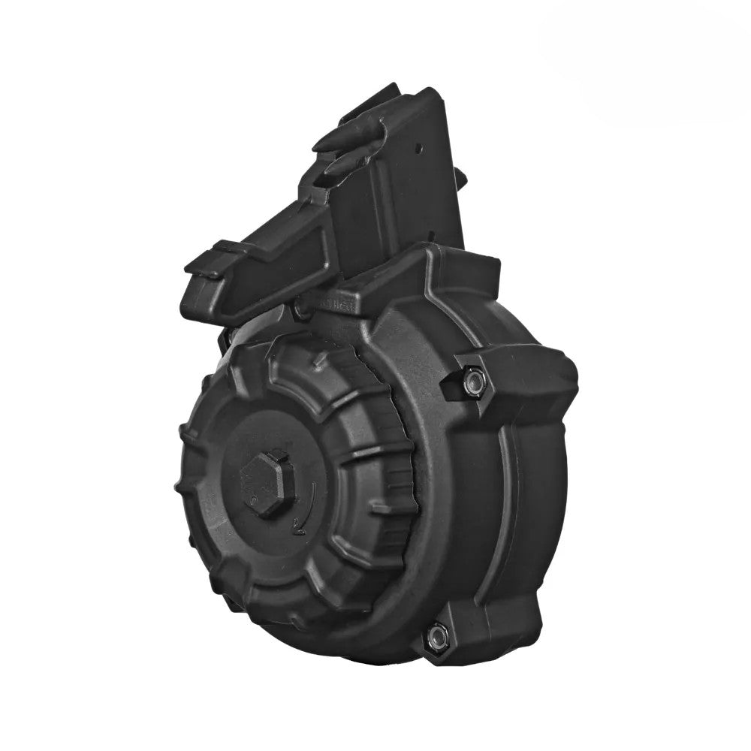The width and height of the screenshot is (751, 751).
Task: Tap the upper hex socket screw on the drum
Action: [x=472, y=382]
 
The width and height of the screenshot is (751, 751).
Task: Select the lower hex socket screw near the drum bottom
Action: [x=435, y=638]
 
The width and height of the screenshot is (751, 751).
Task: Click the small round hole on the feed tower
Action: [x=422, y=148]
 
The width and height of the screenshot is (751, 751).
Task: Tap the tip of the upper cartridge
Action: [x=322, y=140]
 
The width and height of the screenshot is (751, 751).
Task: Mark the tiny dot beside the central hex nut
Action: [x=255, y=499]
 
